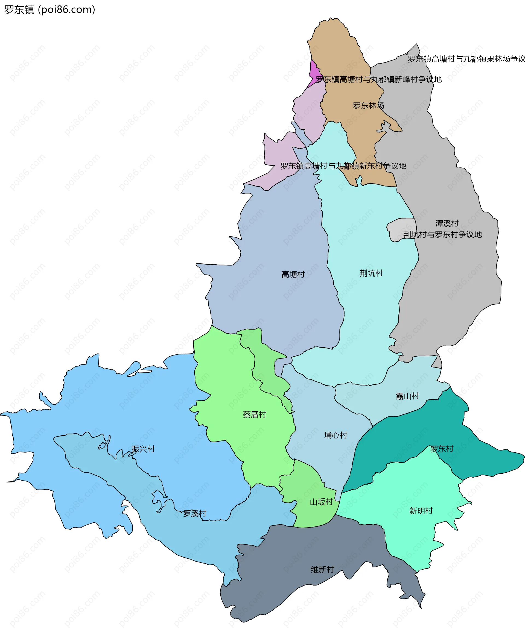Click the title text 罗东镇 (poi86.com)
tap(49, 10)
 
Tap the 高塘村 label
tap(293, 275)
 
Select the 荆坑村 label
tap(371, 273)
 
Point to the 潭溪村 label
tap(447, 224)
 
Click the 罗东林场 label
tap(368, 106)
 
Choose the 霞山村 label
tap(407, 396)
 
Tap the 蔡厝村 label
tap(254, 414)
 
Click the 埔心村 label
tap(336, 435)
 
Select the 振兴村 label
tap(143, 449)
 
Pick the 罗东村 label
tap(442, 449)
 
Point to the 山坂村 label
tap(321, 502)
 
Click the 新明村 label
tap(421, 511)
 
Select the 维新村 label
tap(322, 569)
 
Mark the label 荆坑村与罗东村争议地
tap(442, 235)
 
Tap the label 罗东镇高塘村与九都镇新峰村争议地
tap(379, 79)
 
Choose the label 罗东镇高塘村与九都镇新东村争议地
tap(343, 166)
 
